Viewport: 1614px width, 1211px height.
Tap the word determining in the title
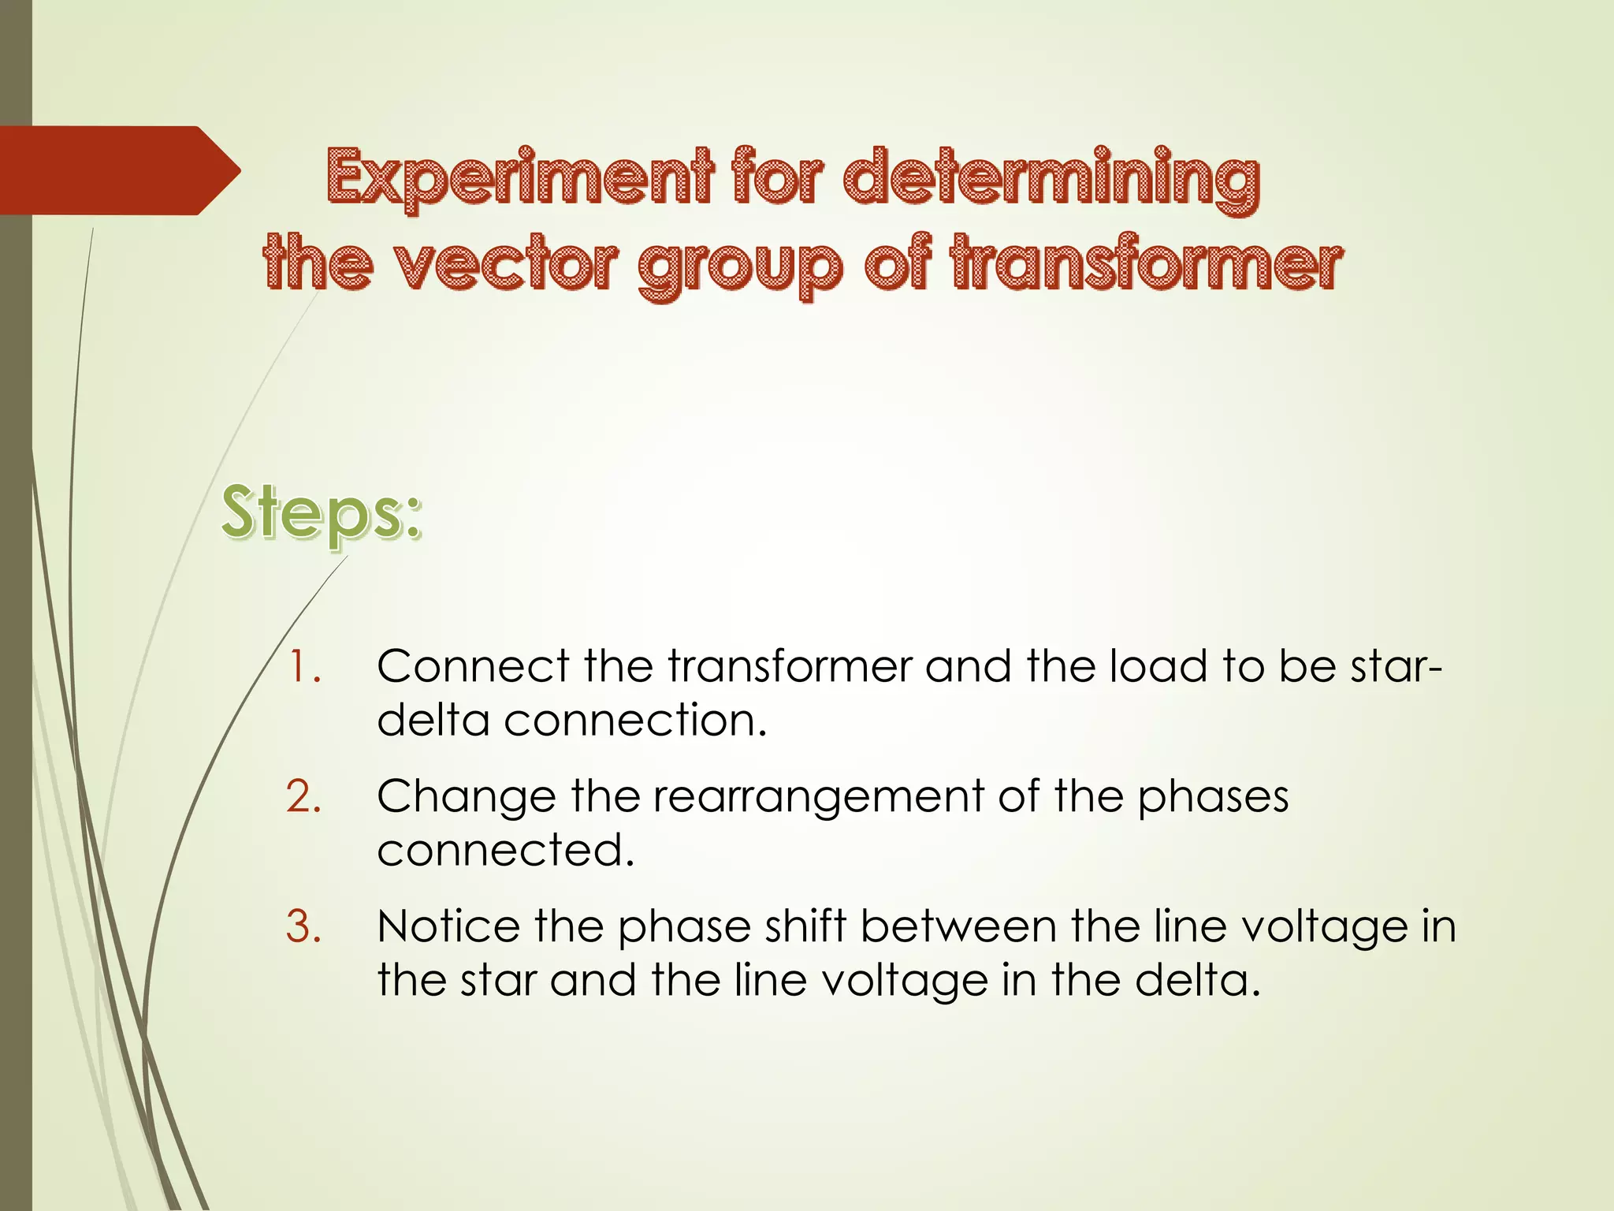pyautogui.click(x=1051, y=177)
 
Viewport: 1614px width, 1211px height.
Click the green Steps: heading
pyautogui.click(x=321, y=513)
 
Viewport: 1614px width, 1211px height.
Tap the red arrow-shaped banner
pyautogui.click(x=118, y=170)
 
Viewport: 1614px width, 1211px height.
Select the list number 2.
pyautogui.click(x=303, y=796)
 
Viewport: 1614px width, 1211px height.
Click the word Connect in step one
pyautogui.click(x=472, y=667)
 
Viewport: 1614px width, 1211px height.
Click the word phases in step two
pyautogui.click(x=1212, y=798)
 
